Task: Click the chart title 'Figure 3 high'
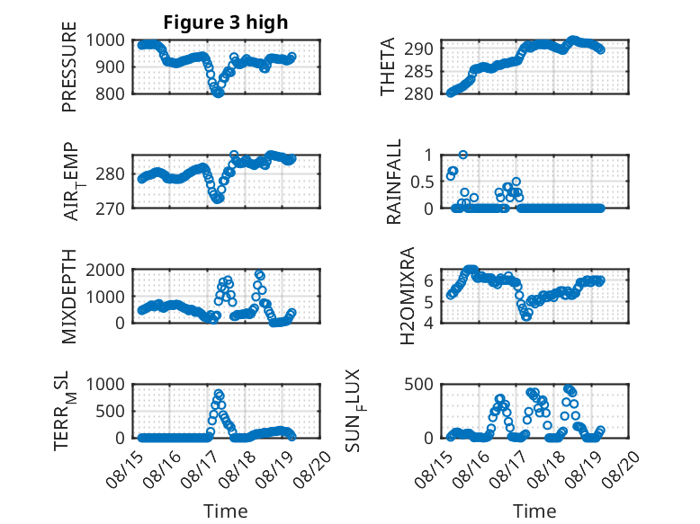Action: pyautogui.click(x=226, y=22)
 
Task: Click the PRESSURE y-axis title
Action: pyautogui.click(x=69, y=67)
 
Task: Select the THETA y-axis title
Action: pyautogui.click(x=388, y=67)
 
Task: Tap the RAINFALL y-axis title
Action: pyautogui.click(x=394, y=182)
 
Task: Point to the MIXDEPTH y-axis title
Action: pyautogui.click(x=69, y=297)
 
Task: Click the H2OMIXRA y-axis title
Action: pyautogui.click(x=408, y=296)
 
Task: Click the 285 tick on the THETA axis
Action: pyautogui.click(x=418, y=71)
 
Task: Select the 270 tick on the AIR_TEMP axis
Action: pyautogui.click(x=110, y=209)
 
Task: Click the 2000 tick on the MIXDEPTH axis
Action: pyautogui.click(x=105, y=270)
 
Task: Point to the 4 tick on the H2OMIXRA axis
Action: pyautogui.click(x=428, y=323)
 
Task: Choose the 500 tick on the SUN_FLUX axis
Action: pyautogui.click(x=418, y=385)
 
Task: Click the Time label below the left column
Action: pyautogui.click(x=226, y=511)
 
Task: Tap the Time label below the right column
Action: pyautogui.click(x=534, y=511)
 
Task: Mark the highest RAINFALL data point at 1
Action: pyautogui.click(x=463, y=155)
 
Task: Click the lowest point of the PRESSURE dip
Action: pyautogui.click(x=218, y=93)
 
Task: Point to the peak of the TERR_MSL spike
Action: pyautogui.click(x=219, y=394)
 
